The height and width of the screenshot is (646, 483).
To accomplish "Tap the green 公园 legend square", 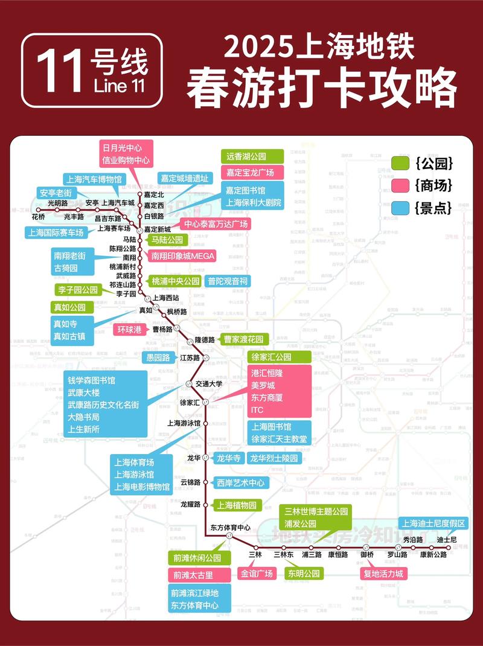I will tap(401, 163).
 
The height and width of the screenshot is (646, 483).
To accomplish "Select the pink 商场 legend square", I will tap(401, 185).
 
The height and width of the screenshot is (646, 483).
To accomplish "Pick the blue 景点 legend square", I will tap(401, 207).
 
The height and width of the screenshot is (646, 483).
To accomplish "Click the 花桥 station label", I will tap(38, 217).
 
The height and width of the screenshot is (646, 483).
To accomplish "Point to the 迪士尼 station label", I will tap(447, 539).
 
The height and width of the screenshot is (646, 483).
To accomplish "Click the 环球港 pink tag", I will tap(129, 330).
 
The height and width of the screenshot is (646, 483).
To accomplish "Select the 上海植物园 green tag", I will tap(237, 505).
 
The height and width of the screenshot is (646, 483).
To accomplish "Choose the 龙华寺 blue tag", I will tap(229, 458).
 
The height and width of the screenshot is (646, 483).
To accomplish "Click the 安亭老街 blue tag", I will tap(56, 193).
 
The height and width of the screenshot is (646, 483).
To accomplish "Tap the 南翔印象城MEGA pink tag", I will tap(183, 256).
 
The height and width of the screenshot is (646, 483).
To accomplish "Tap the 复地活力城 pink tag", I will tap(383, 574).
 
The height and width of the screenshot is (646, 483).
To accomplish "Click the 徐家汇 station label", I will tap(190, 402).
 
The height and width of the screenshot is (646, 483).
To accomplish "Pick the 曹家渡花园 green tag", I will tap(243, 339).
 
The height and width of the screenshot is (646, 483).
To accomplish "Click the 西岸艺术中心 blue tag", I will tap(240, 482).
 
